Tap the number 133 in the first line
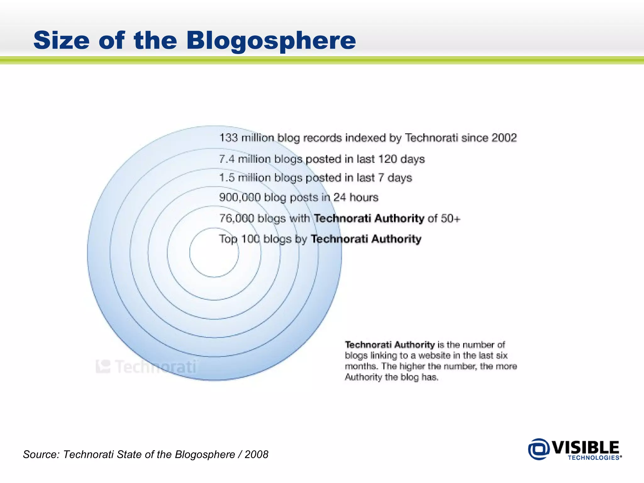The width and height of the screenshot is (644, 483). coord(228,138)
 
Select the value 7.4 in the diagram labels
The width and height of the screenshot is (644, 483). coord(227,159)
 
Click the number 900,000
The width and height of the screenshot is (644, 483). coord(240,197)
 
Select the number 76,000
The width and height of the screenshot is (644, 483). coord(236,218)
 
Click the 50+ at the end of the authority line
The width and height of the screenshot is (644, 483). coord(450,218)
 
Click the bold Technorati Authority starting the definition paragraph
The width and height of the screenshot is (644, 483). coord(390,345)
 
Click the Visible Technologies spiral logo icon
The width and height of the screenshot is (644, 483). coord(539,449)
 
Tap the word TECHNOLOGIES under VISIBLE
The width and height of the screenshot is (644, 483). coord(594,458)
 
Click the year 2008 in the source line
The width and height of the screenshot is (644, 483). coord(256,454)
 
